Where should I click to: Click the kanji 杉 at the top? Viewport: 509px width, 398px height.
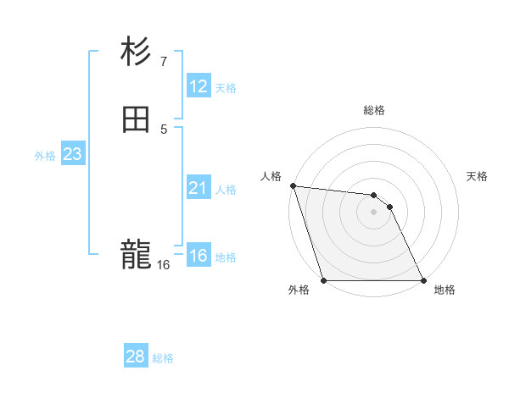click(x=136, y=52)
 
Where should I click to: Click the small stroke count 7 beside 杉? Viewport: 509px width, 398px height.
click(x=164, y=61)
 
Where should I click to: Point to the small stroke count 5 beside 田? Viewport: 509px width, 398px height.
click(x=164, y=129)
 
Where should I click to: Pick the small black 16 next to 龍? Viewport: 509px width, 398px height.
click(x=163, y=265)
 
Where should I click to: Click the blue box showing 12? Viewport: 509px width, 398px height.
click(x=198, y=86)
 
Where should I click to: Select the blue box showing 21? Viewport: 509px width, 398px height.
click(x=198, y=189)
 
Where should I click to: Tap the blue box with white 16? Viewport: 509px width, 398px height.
click(x=198, y=256)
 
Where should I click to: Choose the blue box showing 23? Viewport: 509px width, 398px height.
click(x=72, y=155)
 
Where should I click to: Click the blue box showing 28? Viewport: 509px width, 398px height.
click(x=135, y=357)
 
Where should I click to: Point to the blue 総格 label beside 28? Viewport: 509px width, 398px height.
click(x=163, y=358)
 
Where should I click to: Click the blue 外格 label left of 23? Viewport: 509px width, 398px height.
click(x=45, y=156)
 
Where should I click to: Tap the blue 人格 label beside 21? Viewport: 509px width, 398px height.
click(x=227, y=190)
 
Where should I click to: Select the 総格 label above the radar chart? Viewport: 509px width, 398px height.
click(x=374, y=110)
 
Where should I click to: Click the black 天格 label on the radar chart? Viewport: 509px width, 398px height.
click(x=478, y=176)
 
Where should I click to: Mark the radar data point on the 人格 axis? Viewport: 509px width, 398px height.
click(x=293, y=185)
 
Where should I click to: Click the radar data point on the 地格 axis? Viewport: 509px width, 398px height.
click(x=423, y=280)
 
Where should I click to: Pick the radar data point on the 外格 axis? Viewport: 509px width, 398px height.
click(x=323, y=280)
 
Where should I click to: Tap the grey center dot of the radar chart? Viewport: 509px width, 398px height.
click(x=373, y=212)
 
